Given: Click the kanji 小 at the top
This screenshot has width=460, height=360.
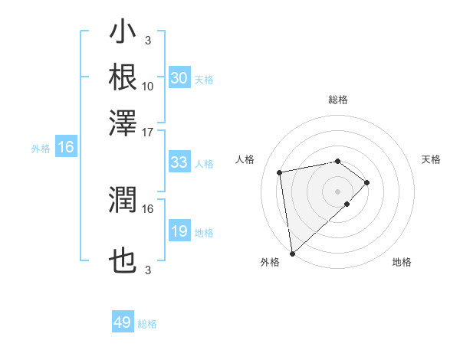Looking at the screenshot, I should tap(123, 34).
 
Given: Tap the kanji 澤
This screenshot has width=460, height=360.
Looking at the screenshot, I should tap(123, 121).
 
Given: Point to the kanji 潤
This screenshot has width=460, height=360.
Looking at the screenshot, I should tap(123, 201).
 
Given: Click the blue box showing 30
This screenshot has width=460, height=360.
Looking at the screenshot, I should tap(179, 78).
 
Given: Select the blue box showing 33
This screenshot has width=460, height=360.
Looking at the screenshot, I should tap(179, 162).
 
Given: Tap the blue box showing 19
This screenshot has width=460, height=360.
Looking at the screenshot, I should tap(179, 231).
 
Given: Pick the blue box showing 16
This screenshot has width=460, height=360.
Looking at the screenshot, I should tap(66, 148).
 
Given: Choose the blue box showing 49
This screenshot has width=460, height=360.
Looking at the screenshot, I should tap(123, 322).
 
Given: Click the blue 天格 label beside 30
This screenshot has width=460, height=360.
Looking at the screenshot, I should tap(204, 79).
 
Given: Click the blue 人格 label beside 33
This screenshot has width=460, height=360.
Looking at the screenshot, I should tap(204, 163).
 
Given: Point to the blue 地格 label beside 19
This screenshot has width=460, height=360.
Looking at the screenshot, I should tap(204, 232).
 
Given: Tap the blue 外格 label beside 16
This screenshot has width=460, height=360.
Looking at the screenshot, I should tap(41, 149).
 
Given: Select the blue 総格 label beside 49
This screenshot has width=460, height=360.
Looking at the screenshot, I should tap(147, 323).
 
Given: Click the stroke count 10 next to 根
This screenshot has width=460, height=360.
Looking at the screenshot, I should tap(148, 86).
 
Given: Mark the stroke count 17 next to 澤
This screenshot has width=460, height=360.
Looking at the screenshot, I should tap(148, 131).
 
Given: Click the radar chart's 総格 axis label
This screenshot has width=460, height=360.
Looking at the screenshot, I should tap(338, 100).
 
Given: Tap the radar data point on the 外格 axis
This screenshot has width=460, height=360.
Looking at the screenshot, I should tap(292, 253).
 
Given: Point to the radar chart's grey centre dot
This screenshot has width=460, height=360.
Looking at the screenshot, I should tap(338, 190).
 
